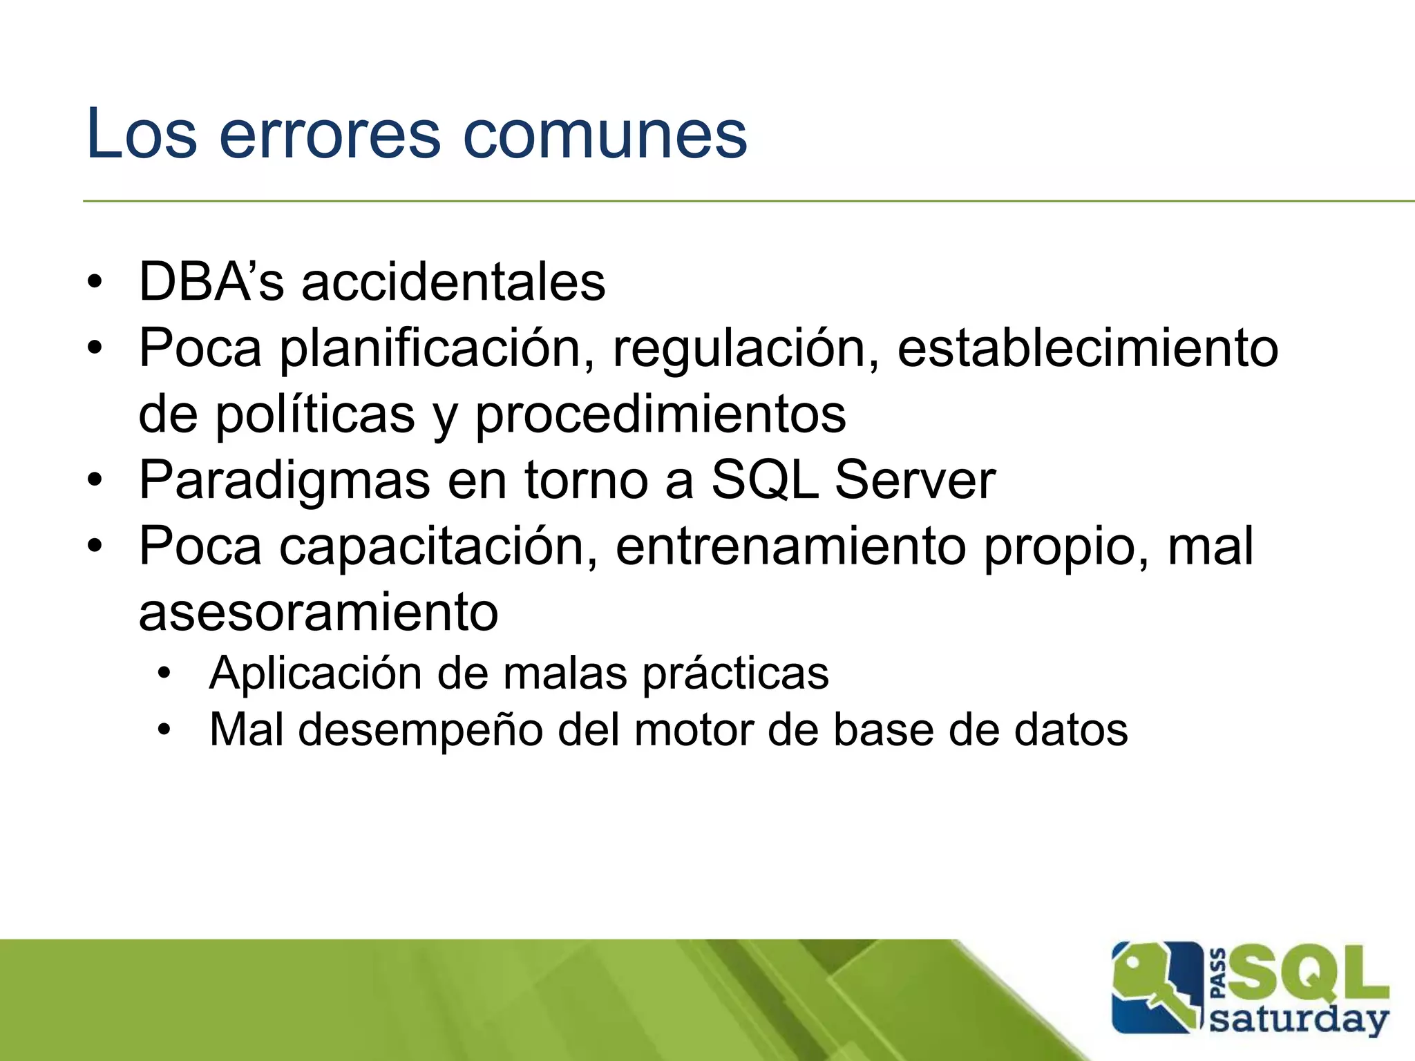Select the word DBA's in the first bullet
pyautogui.click(x=211, y=282)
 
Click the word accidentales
pyautogui.click(x=453, y=282)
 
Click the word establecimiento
pyautogui.click(x=1088, y=347)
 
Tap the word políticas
pyautogui.click(x=315, y=414)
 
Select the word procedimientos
pyautogui.click(x=661, y=414)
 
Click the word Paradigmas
pyautogui.click(x=284, y=480)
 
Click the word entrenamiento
pyautogui.click(x=791, y=546)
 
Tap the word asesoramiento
pyautogui.click(x=318, y=612)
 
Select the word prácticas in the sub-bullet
pyautogui.click(x=735, y=673)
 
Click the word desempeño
pyautogui.click(x=420, y=729)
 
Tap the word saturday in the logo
pyautogui.click(x=1299, y=1020)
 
